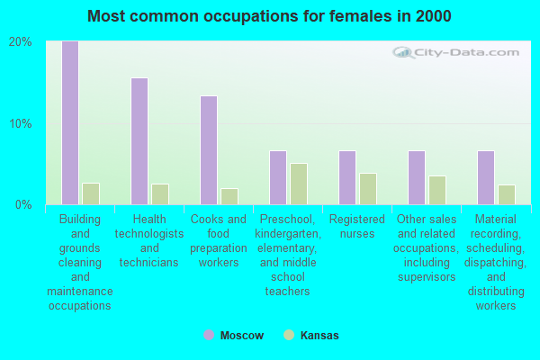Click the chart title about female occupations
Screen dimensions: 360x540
point(270,16)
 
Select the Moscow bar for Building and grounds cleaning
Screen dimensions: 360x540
point(69,122)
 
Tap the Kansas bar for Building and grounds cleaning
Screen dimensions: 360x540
point(91,193)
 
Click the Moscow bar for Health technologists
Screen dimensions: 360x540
point(139,141)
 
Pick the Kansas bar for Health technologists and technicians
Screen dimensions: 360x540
point(160,194)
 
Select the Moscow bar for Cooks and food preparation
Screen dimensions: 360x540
point(208,150)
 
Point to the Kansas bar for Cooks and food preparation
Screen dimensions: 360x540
point(229,196)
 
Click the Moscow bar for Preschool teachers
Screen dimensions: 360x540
point(278,177)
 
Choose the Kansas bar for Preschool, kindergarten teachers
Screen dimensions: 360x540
point(299,184)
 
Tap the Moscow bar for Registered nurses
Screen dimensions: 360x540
point(347,177)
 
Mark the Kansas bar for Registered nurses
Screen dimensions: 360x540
point(368,189)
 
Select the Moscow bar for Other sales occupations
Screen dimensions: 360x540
point(417,177)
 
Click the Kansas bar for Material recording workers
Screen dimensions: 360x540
point(507,194)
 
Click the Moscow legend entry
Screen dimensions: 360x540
point(234,336)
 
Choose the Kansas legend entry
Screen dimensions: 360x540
point(311,336)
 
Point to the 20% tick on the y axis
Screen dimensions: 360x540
point(21,42)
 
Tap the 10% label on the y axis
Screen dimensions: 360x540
point(21,123)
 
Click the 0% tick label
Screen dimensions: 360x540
point(23,204)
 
